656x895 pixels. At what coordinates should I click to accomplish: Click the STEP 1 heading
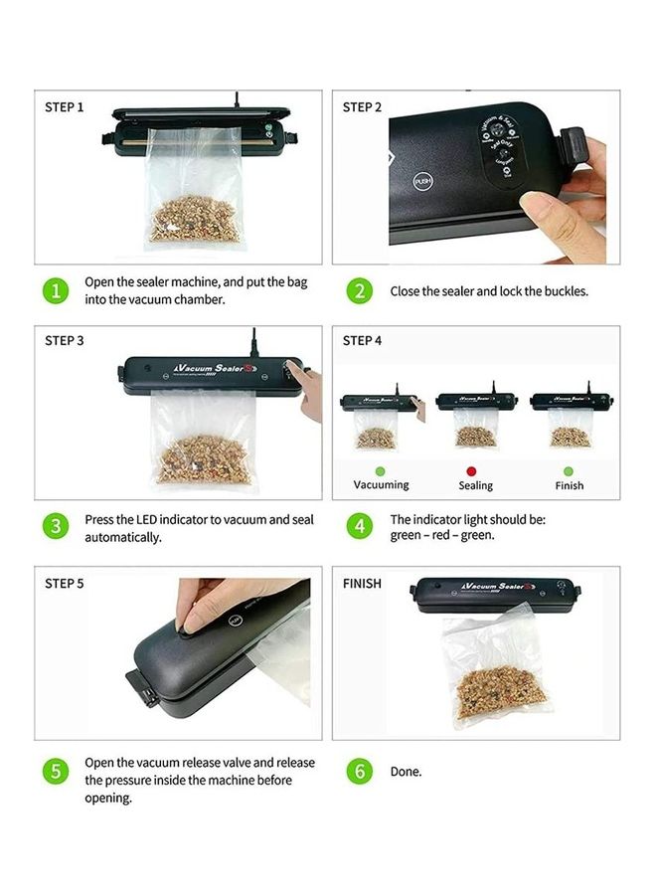click(x=65, y=106)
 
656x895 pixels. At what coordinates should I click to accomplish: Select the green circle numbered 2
click(x=360, y=290)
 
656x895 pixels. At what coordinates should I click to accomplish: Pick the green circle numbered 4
click(x=360, y=526)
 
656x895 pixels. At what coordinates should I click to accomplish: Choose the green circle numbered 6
click(x=360, y=771)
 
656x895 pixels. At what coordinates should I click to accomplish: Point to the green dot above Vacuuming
click(x=381, y=469)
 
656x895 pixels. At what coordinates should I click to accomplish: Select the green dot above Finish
click(x=569, y=469)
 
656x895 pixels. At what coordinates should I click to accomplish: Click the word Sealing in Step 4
click(x=475, y=486)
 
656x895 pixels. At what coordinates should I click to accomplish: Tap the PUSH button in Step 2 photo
click(x=423, y=182)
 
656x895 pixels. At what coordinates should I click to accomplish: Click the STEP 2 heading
click(x=362, y=106)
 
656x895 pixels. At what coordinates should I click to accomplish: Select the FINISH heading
click(x=362, y=584)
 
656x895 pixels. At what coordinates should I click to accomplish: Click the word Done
click(x=406, y=772)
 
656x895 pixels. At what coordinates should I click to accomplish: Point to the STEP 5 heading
click(x=65, y=584)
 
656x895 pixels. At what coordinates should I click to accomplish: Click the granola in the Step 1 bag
click(x=193, y=221)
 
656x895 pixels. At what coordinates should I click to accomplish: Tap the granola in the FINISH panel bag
click(x=497, y=687)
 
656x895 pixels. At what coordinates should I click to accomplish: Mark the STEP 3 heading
click(x=65, y=341)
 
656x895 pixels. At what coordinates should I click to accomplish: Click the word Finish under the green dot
click(x=570, y=486)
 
